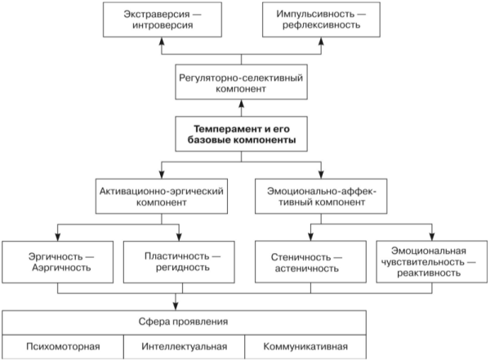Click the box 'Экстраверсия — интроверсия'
[163, 20]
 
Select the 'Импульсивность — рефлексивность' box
[321, 20]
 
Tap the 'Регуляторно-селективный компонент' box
[241, 82]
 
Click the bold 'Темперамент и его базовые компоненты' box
[241, 134]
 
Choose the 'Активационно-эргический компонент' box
[162, 196]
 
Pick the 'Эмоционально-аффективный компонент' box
[321, 196]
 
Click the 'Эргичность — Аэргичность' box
[58, 262]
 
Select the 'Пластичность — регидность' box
[179, 262]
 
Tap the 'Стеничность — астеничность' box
[310, 262]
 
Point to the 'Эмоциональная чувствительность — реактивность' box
[432, 262]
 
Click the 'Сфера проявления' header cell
[184, 322]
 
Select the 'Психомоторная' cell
[63, 347]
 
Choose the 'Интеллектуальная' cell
[184, 347]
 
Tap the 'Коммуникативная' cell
[305, 347]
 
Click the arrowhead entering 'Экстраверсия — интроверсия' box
[162, 42]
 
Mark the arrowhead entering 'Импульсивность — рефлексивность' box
[321, 42]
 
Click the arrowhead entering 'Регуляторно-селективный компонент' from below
[241, 104]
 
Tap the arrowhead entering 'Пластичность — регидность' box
[179, 237]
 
